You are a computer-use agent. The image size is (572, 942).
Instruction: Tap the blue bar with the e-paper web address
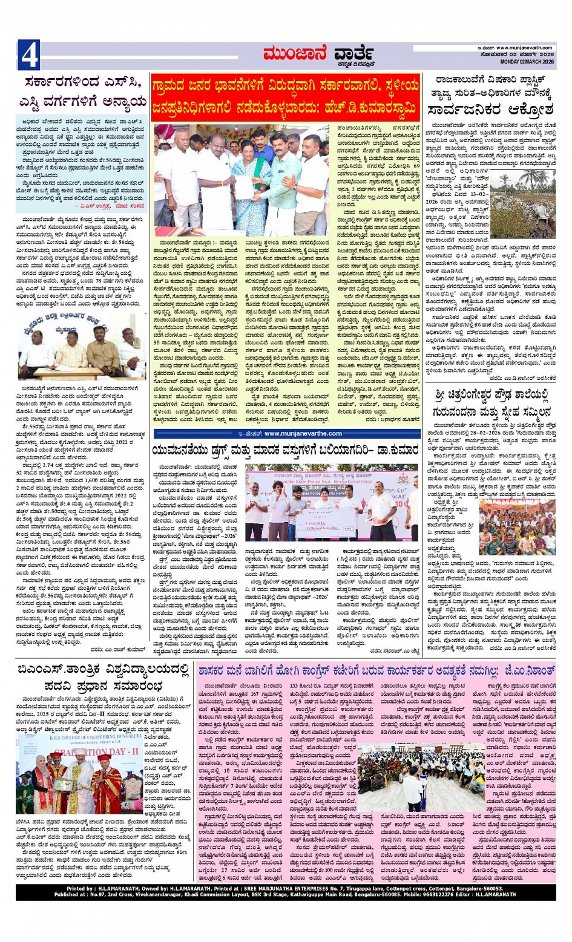coord(286,433)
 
